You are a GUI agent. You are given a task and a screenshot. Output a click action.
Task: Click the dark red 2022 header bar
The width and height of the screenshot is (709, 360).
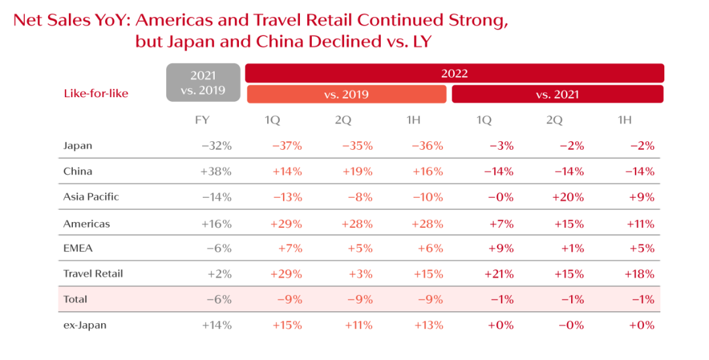[454, 73]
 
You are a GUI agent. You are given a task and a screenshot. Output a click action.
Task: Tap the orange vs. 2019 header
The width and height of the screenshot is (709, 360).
[346, 94]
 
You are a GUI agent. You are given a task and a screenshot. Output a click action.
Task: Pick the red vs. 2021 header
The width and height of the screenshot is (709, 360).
[557, 94]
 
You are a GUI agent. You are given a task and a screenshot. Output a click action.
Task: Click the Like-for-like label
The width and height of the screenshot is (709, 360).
[96, 93]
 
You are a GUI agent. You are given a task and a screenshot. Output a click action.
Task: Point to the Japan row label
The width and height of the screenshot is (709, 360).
[77, 146]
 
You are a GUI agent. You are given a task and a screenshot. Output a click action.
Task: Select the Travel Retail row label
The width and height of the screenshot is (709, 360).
[93, 273]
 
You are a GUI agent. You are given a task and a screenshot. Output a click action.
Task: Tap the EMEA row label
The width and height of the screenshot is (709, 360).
[77, 248]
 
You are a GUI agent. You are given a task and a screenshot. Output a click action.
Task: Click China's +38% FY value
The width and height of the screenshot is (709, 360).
[217, 171]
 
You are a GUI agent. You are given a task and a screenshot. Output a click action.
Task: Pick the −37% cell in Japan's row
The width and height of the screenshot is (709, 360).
[287, 146]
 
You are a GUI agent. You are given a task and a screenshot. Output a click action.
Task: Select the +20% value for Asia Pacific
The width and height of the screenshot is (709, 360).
[569, 197]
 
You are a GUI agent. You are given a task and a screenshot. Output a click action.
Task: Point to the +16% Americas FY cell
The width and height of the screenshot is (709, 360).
[217, 223]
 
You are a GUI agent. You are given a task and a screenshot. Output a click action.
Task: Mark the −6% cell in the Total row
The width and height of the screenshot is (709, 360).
[219, 299]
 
